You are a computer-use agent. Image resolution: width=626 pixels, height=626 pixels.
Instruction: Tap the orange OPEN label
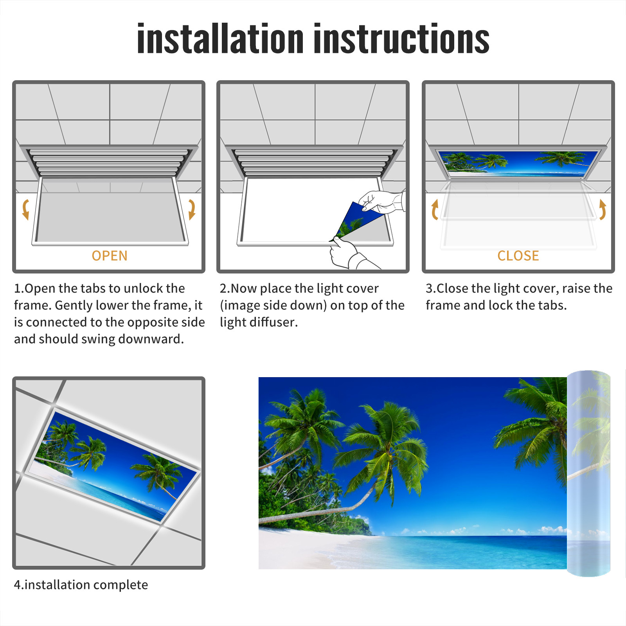pos(110,255)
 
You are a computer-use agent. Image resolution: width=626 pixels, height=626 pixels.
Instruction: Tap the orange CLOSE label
pos(518,255)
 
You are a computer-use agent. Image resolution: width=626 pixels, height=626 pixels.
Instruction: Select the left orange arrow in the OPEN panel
pos(26,209)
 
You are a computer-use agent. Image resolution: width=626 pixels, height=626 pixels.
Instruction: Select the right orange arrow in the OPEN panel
pos(192,209)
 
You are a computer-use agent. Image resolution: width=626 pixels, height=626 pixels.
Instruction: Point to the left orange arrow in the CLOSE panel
pos(435,209)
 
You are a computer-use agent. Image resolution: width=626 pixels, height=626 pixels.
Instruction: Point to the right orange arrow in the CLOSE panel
pos(603,209)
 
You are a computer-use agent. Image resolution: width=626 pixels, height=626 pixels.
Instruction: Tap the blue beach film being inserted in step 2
pos(357,220)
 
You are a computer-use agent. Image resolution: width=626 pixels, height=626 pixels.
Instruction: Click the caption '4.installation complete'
pos(81,585)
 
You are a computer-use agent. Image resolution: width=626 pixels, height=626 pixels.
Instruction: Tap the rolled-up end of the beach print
pos(588,473)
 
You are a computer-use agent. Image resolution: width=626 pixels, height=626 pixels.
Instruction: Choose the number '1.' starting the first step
pos(19,288)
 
